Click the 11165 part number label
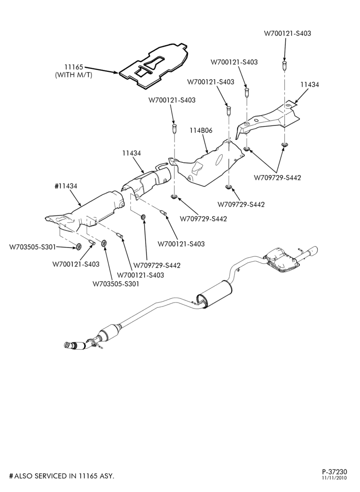[73, 67]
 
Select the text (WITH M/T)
[74, 75]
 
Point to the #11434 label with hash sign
[66, 186]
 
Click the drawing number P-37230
[334, 480]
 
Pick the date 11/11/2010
[334, 487]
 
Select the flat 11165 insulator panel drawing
[153, 65]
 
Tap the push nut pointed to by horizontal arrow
[78, 246]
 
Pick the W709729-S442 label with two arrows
[277, 178]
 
